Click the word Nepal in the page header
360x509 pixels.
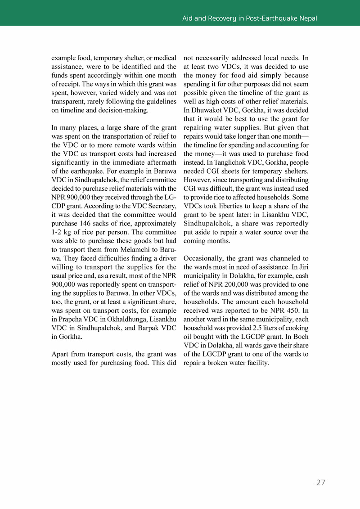click(x=307, y=18)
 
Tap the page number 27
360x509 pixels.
click(x=320, y=483)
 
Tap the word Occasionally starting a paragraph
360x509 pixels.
click(x=203, y=258)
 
